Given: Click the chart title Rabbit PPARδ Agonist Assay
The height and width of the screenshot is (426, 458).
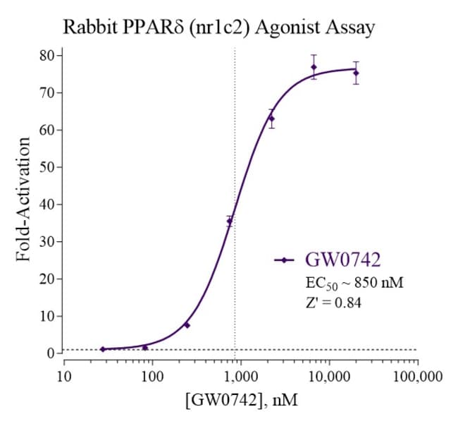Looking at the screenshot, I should (x=218, y=28).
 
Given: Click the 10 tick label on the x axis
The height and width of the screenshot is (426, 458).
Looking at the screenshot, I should (x=63, y=377).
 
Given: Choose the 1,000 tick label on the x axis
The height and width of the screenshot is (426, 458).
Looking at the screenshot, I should (x=240, y=377).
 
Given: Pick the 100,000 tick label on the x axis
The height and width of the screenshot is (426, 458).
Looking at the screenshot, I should (x=416, y=377).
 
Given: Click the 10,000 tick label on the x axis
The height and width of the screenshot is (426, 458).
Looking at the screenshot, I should (x=328, y=377).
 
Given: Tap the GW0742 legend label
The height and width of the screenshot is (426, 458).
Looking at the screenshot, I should (x=343, y=260).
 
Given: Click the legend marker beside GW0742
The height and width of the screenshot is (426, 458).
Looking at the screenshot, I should (x=284, y=260).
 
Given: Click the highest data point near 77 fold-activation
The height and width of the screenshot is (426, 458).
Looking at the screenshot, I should (x=314, y=67).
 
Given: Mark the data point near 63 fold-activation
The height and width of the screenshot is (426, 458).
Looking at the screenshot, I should (x=271, y=118).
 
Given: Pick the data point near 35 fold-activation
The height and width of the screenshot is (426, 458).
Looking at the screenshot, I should (x=229, y=221).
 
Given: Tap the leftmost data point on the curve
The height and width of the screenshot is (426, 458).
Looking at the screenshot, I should (x=102, y=349).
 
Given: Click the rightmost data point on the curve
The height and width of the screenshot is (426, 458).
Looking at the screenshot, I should (x=356, y=73).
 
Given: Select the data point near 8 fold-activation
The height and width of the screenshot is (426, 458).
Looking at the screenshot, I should (x=187, y=325).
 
